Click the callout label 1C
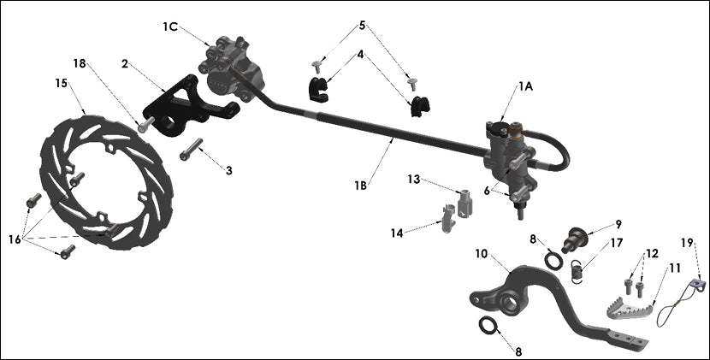click(x=169, y=27)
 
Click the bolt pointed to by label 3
click(x=192, y=151)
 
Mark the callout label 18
click(x=80, y=63)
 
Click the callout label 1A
click(x=525, y=86)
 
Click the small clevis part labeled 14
click(x=449, y=219)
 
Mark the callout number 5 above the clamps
click(x=362, y=26)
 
